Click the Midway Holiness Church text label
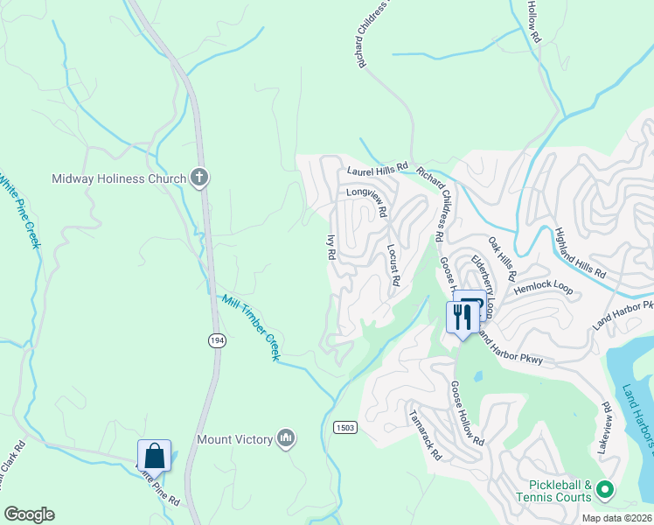point(120,178)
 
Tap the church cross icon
point(199,178)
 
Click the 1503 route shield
point(344,426)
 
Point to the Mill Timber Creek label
point(250,327)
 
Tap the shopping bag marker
point(154,456)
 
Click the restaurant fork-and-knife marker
point(461,316)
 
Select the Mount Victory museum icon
point(285,438)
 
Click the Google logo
point(29,514)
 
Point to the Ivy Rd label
point(331,248)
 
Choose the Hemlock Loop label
point(542,287)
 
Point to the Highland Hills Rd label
point(581,253)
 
